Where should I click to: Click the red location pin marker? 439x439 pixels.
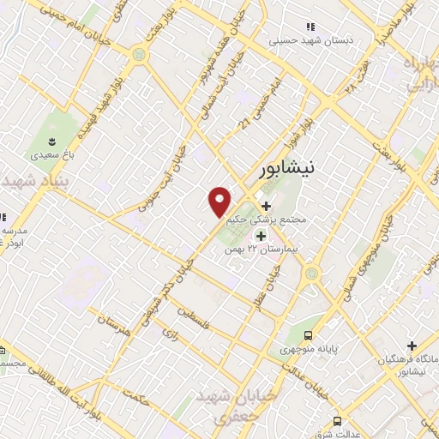click(220, 201)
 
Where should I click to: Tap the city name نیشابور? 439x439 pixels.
click(288, 168)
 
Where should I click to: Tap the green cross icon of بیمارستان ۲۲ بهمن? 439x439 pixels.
click(260, 234)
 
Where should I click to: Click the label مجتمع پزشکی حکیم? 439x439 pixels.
click(266, 219)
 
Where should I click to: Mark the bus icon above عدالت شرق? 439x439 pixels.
click(337, 420)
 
